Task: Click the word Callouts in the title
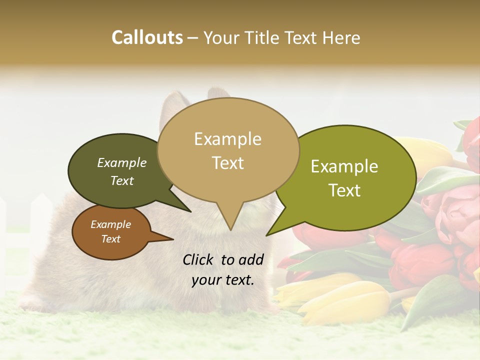coord(147,37)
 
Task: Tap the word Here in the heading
coord(340,37)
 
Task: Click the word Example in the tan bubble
coord(227,139)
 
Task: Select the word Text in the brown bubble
coord(111,239)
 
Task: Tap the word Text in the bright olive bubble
coord(344,190)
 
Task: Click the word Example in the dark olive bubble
coord(121,162)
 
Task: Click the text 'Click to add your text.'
coord(223,269)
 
